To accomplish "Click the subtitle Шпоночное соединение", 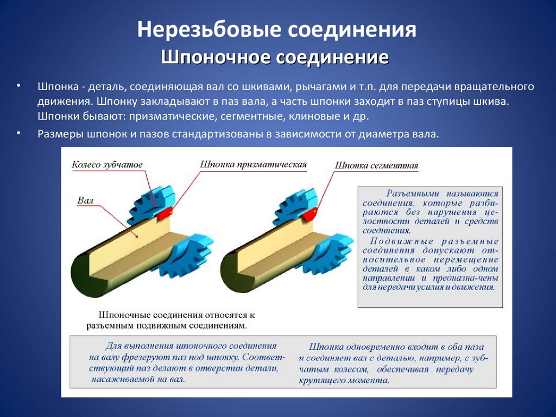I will (275, 58).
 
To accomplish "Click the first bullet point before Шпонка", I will (18, 86).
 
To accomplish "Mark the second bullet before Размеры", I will (18, 132).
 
